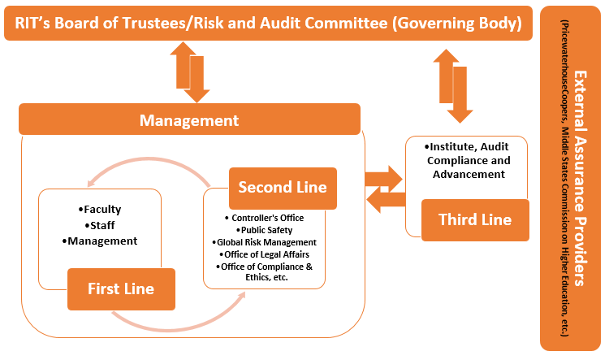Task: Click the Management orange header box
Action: [189, 120]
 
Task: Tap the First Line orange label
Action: [121, 289]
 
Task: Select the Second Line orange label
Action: [282, 187]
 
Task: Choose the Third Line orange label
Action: [474, 219]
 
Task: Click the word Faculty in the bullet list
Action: [101, 210]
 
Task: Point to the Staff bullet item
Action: [101, 225]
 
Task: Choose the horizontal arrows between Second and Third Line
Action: [384, 189]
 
